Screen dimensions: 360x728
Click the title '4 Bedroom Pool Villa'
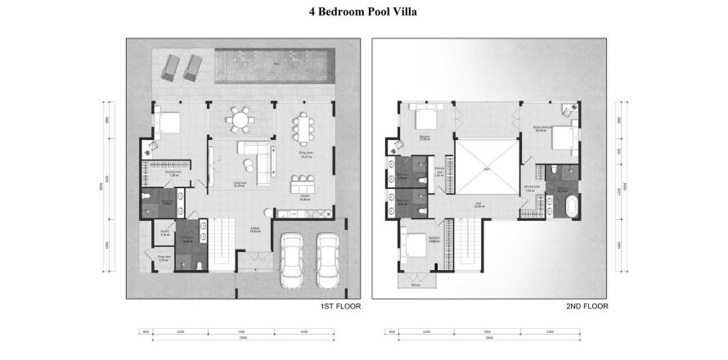(363, 13)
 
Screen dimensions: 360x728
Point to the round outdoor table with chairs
(239, 120)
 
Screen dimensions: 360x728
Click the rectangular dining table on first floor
(305, 128)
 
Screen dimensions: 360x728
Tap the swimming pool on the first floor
(276, 65)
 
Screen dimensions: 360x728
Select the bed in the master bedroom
(564, 142)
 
